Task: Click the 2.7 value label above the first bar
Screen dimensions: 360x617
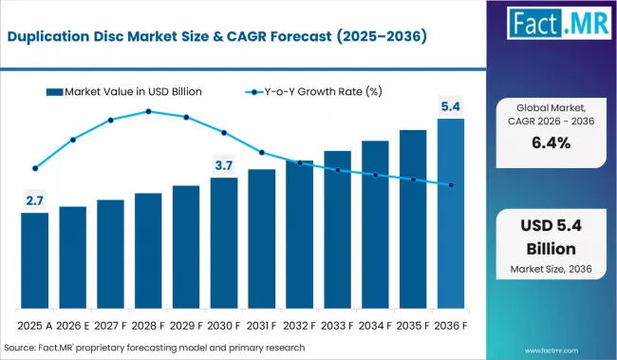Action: (34, 200)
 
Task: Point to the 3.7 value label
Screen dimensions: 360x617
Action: (224, 165)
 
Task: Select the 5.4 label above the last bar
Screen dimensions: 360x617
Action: (451, 105)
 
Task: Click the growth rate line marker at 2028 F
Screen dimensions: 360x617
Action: (148, 111)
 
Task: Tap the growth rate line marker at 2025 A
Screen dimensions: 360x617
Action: (35, 168)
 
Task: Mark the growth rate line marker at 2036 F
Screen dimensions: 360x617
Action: (451, 185)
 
